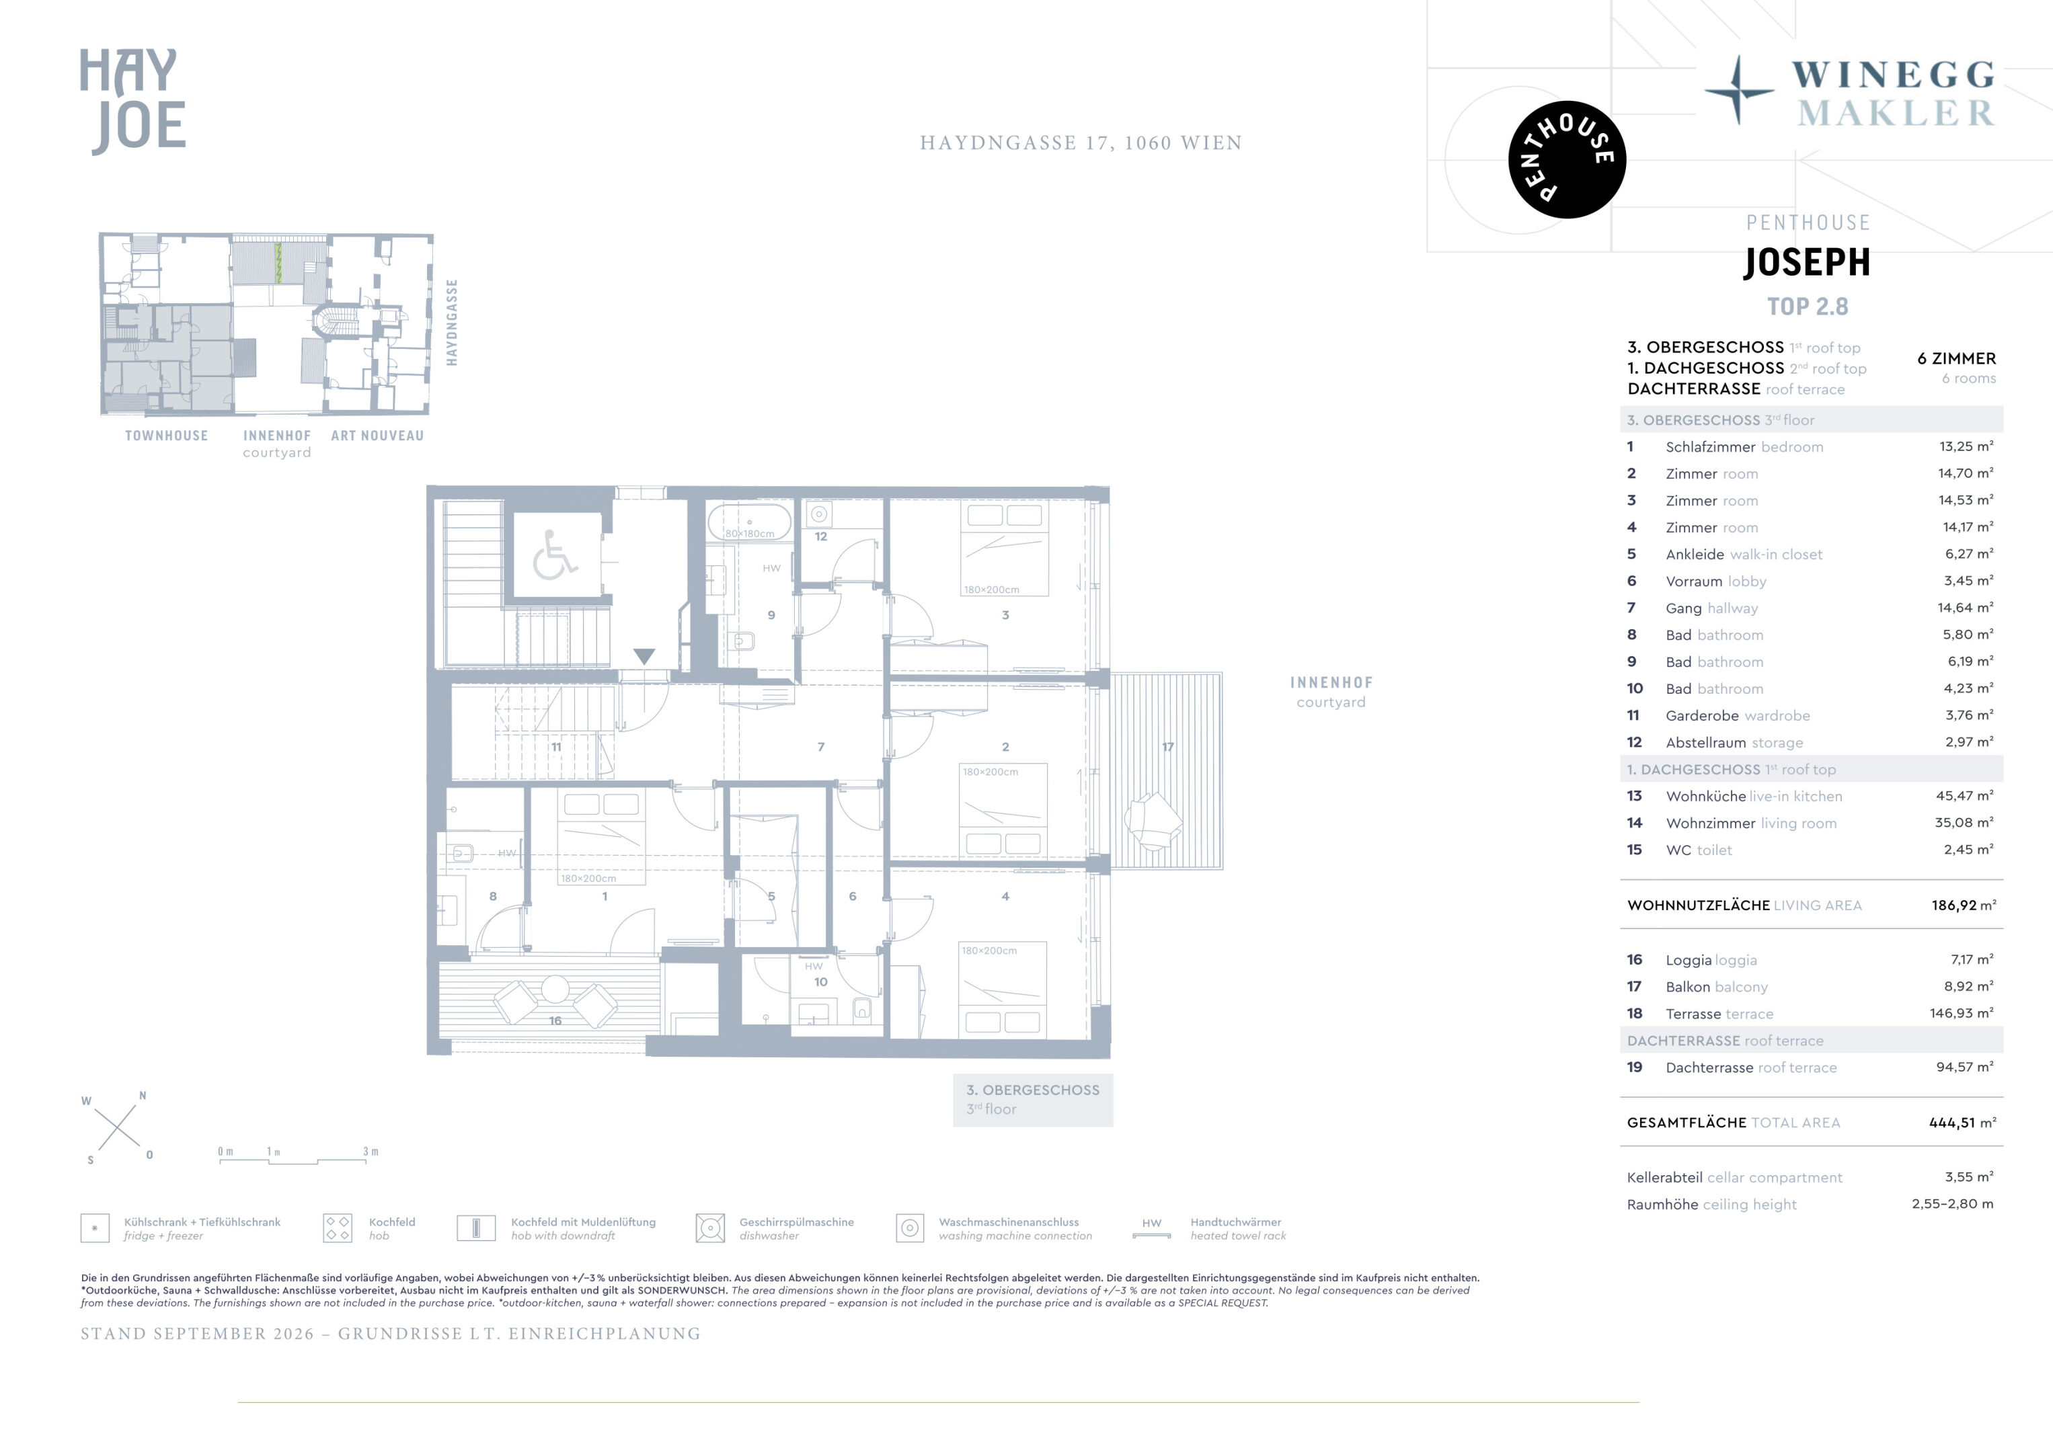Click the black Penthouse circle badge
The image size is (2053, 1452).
click(1567, 159)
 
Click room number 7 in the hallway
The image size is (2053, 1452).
click(821, 747)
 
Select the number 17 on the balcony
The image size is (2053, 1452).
click(1168, 747)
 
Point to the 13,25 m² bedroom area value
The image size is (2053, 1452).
click(1966, 446)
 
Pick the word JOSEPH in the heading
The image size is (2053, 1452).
click(1807, 262)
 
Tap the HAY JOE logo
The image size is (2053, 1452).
click(133, 101)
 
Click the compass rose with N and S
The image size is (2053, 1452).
click(117, 1127)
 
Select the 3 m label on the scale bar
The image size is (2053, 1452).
click(370, 1152)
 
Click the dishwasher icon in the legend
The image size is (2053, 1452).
click(710, 1228)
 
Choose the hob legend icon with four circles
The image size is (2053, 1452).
click(337, 1228)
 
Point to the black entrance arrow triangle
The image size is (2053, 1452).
click(644, 656)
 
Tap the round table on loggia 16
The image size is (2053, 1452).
click(555, 989)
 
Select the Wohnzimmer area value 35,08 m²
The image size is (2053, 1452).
click(1964, 823)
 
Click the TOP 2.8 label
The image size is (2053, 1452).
click(1807, 307)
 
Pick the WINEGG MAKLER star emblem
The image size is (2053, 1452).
click(1738, 90)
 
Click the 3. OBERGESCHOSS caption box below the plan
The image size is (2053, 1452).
click(1033, 1100)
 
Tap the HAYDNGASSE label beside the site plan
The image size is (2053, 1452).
click(452, 322)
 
